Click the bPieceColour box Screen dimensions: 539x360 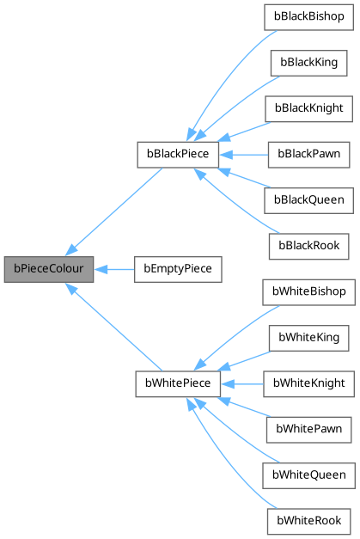pyautogui.click(x=47, y=269)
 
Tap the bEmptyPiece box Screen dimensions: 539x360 pyautogui.click(x=178, y=269)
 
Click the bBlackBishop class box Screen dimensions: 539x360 pyautogui.click(x=308, y=17)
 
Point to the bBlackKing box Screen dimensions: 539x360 pyautogui.click(x=308, y=63)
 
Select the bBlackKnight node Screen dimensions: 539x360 pyautogui.click(x=308, y=108)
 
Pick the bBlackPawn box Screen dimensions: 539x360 pyautogui.click(x=308, y=155)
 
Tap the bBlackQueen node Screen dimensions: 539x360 pyautogui.click(x=308, y=200)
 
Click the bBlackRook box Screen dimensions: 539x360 pyautogui.click(x=308, y=246)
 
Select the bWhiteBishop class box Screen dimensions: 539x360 pyautogui.click(x=308, y=291)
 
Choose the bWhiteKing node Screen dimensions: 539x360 pyautogui.click(x=308, y=337)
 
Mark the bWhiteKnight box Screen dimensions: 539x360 pyautogui.click(x=308, y=383)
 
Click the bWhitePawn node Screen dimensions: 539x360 pyautogui.click(x=308, y=429)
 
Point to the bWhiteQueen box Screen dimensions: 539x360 pyautogui.click(x=308, y=475)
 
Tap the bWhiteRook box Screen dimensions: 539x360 pyautogui.click(x=308, y=520)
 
